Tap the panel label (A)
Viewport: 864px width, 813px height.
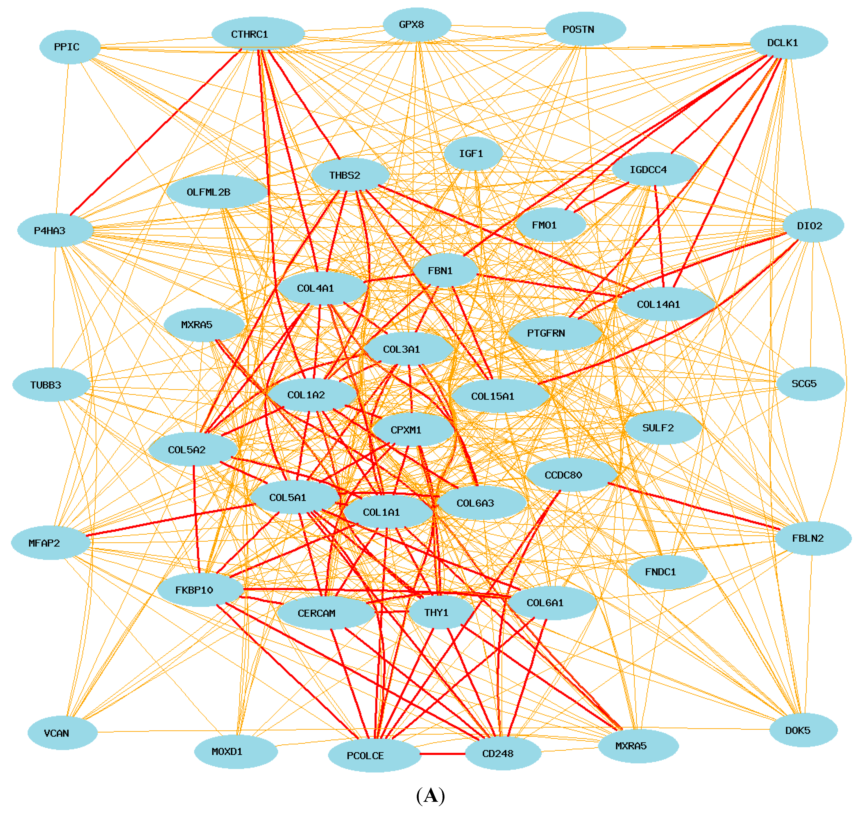click(430, 796)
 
